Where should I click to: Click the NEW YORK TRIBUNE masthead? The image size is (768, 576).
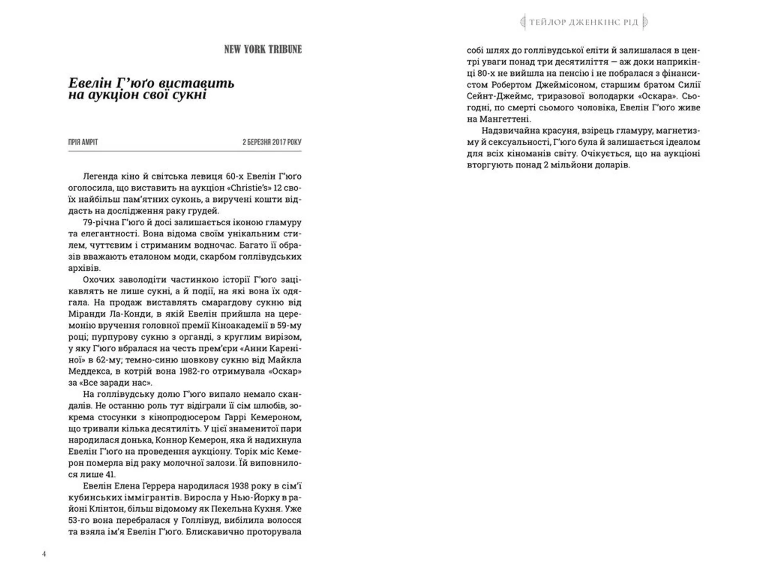[263, 50]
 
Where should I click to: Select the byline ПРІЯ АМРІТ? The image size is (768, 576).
[83, 142]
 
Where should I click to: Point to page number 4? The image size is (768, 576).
[44, 554]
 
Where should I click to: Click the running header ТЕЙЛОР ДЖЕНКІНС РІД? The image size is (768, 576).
[584, 22]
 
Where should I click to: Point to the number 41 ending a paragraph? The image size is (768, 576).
[110, 475]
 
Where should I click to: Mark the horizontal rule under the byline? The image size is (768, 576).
[185, 151]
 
